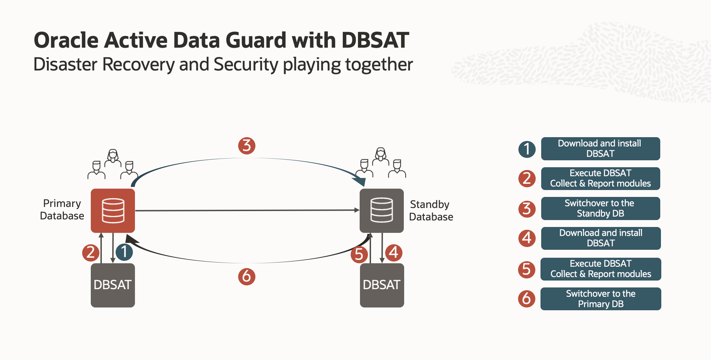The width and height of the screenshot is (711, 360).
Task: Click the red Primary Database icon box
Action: pos(113,210)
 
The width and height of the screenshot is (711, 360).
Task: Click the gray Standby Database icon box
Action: pos(381,210)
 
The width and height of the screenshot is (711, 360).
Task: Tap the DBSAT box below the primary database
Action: pos(113,285)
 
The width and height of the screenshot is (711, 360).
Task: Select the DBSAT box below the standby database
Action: pos(382,285)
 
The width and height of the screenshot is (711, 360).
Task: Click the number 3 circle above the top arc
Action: pos(246,145)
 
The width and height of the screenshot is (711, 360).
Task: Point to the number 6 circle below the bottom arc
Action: pos(246,276)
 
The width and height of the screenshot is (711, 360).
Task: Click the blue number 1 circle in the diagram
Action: pos(124,252)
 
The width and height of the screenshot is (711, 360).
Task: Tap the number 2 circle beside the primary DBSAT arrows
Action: pos(91,252)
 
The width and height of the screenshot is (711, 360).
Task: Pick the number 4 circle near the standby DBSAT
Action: pos(393,252)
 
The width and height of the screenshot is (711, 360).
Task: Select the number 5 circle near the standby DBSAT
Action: pos(359,255)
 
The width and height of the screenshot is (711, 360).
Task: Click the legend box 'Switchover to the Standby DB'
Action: pos(600,208)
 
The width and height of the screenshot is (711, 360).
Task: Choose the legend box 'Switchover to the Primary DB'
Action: pos(601,299)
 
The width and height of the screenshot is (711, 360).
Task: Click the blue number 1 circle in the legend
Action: pos(527,149)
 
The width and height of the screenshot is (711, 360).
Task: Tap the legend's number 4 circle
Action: pos(527,238)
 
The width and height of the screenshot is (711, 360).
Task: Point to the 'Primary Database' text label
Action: pos(62,209)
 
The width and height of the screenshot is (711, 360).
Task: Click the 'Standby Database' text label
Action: pos(431,210)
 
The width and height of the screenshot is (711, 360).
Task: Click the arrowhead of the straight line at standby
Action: pos(357,210)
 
